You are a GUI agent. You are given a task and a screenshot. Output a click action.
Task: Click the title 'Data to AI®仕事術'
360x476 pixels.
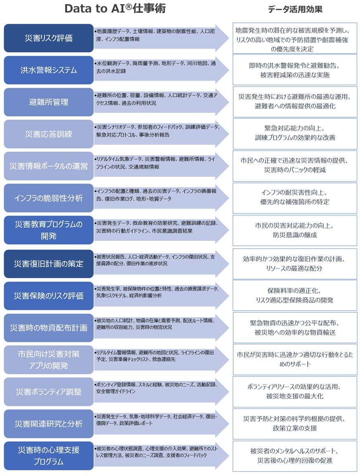tap(115, 9)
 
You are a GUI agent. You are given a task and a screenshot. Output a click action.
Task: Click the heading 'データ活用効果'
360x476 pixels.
tap(295, 9)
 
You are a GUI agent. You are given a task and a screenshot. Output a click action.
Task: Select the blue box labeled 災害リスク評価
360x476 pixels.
tap(49, 38)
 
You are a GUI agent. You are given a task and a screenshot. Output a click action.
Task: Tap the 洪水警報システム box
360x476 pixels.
tap(49, 70)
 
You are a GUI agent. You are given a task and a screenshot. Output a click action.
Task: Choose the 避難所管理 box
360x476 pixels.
tap(49, 102)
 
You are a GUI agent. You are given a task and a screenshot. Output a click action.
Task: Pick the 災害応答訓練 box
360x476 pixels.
tap(49, 134)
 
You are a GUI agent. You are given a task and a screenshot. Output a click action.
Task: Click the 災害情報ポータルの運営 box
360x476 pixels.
tap(49, 166)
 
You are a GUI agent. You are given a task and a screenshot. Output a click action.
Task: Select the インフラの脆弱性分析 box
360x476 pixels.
tap(49, 198)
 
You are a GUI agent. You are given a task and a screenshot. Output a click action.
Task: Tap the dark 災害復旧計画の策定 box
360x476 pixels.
tap(49, 264)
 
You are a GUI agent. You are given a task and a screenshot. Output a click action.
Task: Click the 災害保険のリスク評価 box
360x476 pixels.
tap(49, 296)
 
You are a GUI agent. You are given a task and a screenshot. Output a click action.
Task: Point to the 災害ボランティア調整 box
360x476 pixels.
tap(49, 391)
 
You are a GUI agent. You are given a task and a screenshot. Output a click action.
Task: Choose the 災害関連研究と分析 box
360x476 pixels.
tap(49, 424)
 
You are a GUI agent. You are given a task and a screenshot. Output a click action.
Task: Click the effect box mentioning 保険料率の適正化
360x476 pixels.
tap(295, 295)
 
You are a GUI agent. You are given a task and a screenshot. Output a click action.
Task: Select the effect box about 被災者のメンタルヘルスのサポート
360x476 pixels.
tap(295, 455)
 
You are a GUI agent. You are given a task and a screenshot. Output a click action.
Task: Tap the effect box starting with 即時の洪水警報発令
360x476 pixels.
tap(295, 70)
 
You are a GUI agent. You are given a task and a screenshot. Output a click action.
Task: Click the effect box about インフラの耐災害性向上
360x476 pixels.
tap(295, 198)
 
